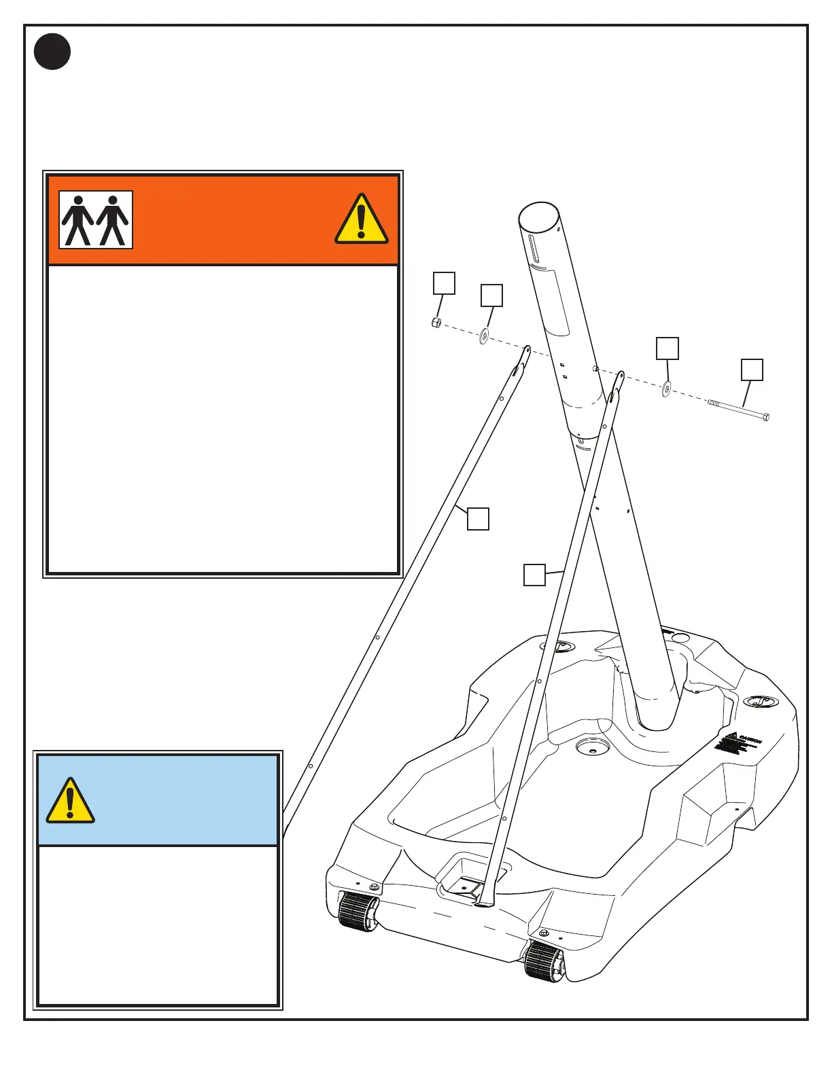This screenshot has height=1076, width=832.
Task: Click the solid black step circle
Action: (52, 52)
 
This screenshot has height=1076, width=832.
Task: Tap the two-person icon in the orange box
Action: (96, 220)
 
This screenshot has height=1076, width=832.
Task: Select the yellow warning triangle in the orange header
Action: (362, 219)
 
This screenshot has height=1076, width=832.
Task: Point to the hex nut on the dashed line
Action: (436, 323)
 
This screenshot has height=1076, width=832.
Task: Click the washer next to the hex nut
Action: (484, 335)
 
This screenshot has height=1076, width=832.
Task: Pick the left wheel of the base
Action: (358, 912)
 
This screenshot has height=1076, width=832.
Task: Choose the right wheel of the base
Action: (544, 961)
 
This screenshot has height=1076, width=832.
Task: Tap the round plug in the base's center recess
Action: (589, 747)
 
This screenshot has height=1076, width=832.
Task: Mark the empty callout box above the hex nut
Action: (445, 283)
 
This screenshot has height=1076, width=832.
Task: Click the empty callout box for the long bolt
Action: (752, 370)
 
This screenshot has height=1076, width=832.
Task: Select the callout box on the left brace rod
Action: (478, 518)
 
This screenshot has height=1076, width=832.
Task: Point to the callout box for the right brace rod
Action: (534, 575)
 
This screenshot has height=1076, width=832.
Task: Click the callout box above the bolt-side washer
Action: (667, 348)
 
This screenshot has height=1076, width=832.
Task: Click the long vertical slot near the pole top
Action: (534, 250)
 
